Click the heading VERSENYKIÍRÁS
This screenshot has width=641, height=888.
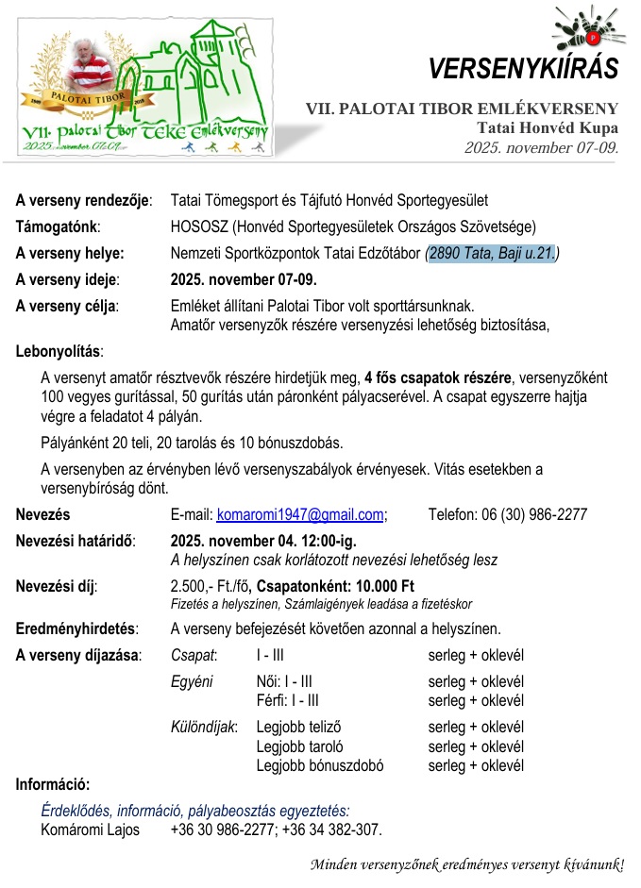523,69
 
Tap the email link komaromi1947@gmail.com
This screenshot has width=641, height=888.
300,515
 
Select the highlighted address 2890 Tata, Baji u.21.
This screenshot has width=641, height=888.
492,253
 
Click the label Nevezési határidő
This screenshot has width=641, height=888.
75,542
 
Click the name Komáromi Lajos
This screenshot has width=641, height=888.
90,830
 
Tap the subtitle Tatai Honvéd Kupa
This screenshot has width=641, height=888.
548,128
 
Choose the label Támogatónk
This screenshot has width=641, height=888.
58,226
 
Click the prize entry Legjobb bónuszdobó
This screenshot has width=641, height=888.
320,766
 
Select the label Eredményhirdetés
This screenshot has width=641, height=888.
76,629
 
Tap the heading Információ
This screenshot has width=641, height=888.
53,785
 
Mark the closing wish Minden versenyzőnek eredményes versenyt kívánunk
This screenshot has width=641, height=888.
467,864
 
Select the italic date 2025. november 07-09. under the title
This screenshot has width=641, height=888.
541,148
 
